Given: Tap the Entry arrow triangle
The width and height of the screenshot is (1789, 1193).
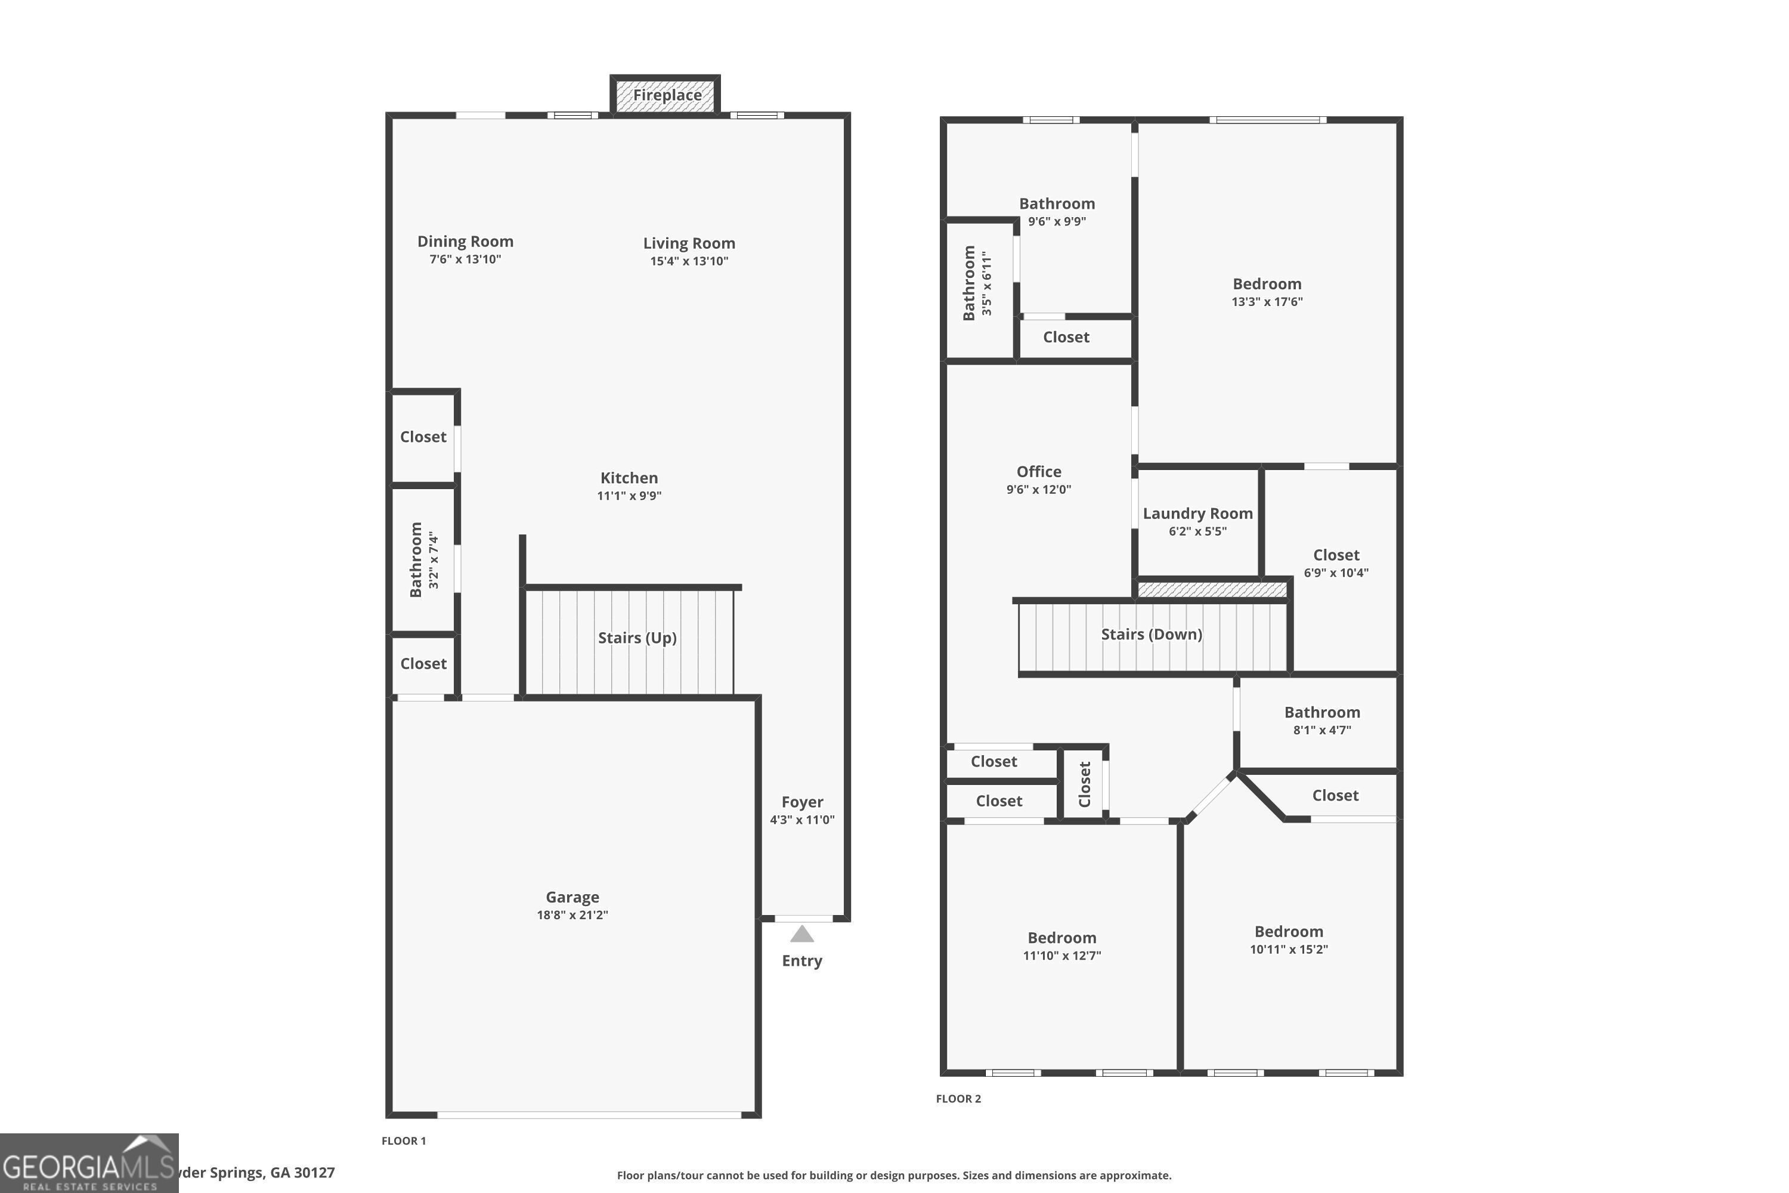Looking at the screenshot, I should (801, 934).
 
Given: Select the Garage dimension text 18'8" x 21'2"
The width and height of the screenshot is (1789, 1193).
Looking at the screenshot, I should (572, 914).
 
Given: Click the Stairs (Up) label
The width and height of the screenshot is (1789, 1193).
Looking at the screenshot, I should (637, 638).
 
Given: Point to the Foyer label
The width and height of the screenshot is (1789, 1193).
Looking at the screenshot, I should (801, 802).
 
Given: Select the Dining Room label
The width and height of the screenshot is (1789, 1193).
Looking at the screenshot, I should (465, 241).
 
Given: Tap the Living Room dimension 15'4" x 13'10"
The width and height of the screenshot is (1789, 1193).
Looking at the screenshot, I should (688, 261).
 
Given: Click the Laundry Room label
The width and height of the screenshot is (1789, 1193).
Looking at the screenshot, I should (1197, 514).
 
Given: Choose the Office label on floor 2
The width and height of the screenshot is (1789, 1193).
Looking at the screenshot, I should (1038, 472).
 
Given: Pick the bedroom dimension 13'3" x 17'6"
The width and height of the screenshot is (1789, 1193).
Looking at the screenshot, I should (1267, 302).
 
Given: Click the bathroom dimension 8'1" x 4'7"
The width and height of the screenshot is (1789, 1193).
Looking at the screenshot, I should (1321, 730).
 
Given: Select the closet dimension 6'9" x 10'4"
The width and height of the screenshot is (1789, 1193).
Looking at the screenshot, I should (1336, 573).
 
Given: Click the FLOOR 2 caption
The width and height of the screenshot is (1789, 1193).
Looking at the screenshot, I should (958, 1099).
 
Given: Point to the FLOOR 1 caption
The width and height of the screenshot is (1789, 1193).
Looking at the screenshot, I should (403, 1141).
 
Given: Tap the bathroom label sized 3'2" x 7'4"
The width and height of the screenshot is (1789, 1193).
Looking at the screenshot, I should (415, 560).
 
